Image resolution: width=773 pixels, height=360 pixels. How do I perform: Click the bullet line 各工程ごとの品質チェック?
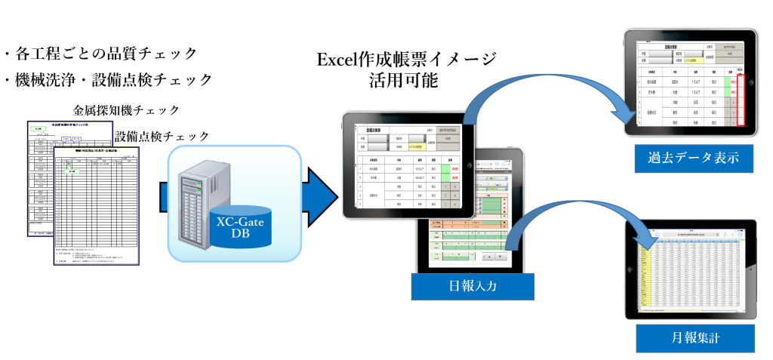click(101, 54)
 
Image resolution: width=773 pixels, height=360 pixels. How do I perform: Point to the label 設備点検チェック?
click(162, 136)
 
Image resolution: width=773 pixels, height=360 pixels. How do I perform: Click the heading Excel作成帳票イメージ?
click(407, 58)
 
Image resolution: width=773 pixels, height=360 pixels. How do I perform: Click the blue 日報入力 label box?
click(473, 285)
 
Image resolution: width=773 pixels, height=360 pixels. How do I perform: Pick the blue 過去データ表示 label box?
click(686, 158)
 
